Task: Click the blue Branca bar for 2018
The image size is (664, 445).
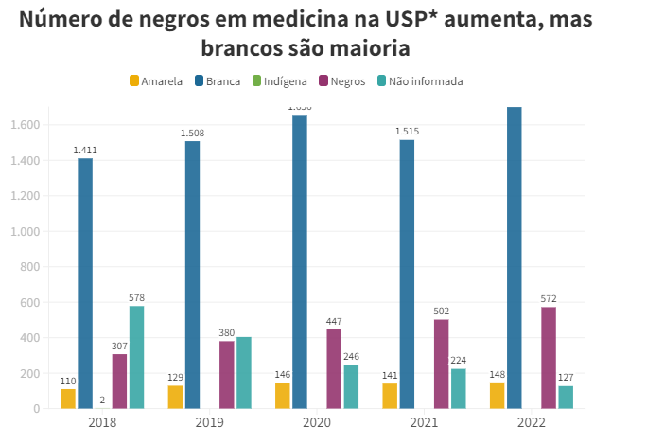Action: coord(85,283)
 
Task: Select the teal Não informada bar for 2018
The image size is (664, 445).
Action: coord(136,357)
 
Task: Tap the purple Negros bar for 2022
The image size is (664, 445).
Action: coord(549,358)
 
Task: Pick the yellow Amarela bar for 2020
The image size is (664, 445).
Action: coord(283,396)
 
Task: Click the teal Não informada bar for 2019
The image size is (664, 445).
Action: coord(243,373)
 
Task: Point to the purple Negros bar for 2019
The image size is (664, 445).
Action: coord(227,375)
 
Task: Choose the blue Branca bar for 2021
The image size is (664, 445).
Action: coord(407,274)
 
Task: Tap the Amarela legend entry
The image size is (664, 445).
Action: coord(156,81)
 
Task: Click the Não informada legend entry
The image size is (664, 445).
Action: coord(419,81)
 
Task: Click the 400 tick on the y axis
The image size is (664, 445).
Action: coord(28,338)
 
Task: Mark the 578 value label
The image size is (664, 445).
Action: coord(136,297)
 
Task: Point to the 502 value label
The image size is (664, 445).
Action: coord(441,311)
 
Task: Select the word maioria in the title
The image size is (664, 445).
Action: coord(370,46)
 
